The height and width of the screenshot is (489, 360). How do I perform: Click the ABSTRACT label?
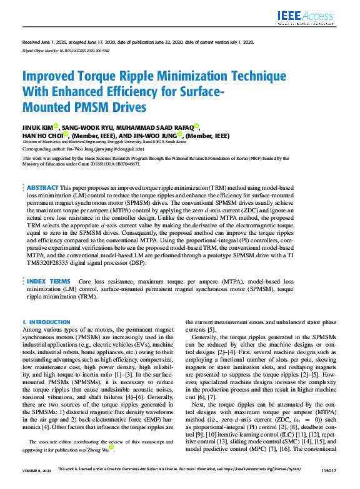42,187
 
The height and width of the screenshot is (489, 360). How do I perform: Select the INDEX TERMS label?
49,282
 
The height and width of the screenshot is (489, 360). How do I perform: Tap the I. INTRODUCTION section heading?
46,322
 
